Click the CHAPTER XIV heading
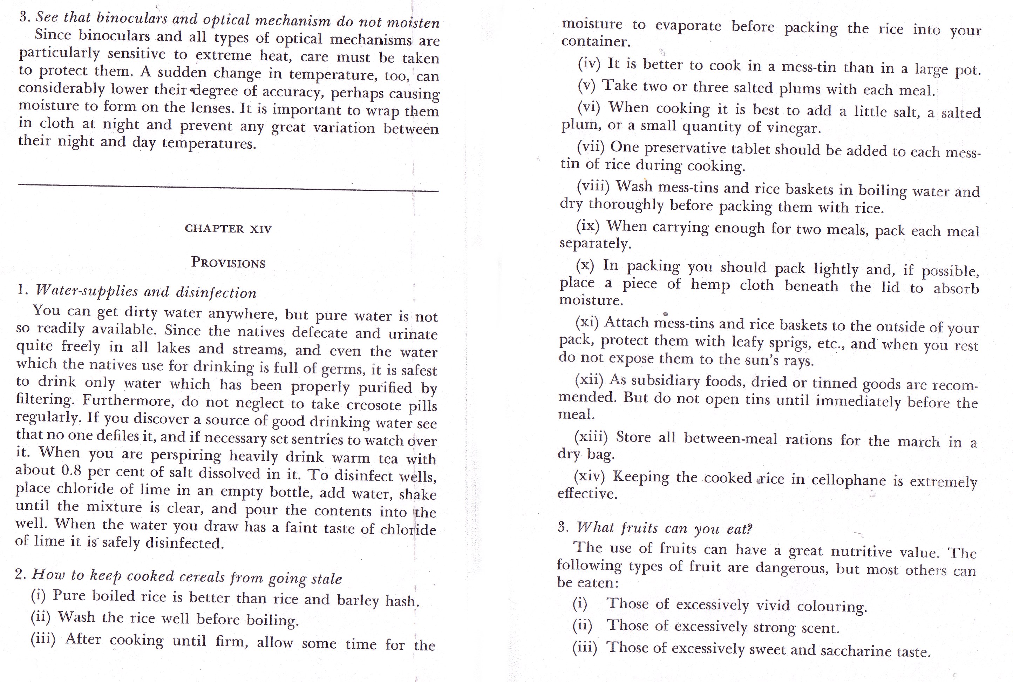228,229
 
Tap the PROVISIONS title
228,263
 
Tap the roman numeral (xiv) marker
589,476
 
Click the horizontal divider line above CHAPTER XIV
228,188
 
